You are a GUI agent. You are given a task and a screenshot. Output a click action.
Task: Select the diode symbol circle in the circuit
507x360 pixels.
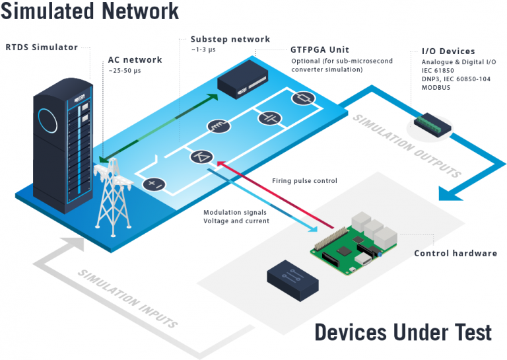[201, 157]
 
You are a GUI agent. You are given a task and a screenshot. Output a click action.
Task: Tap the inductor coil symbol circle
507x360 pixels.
[217, 127]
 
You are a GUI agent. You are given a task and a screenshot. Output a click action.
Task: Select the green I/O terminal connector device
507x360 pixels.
[432, 122]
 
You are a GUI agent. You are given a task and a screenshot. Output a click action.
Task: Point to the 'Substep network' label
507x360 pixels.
[230, 40]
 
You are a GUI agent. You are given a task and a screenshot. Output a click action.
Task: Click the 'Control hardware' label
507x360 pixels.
[455, 254]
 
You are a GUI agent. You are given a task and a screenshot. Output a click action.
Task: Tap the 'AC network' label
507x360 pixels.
[135, 59]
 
